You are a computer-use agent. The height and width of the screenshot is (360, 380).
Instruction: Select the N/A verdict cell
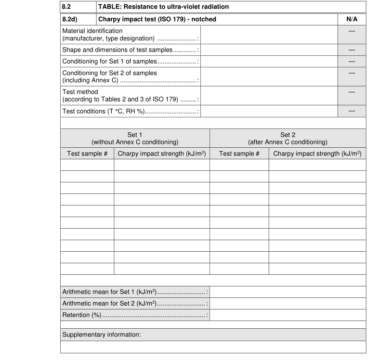(x=352, y=19)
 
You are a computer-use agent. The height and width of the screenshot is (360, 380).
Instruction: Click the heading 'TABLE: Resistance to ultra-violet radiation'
(x=163, y=7)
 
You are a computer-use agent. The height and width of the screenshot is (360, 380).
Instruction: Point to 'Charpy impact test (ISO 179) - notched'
(x=157, y=19)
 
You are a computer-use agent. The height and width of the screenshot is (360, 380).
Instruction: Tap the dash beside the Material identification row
(x=352, y=31)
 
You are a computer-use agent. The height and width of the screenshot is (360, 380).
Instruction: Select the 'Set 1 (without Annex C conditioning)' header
(x=135, y=138)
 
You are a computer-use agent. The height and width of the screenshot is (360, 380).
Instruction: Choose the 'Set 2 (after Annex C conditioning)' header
(x=288, y=138)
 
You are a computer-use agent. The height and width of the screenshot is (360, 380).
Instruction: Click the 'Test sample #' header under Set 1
(x=87, y=154)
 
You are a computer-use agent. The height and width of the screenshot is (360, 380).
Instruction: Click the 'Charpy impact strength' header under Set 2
(x=317, y=154)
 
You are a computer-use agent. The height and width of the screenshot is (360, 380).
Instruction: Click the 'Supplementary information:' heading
(x=102, y=334)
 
